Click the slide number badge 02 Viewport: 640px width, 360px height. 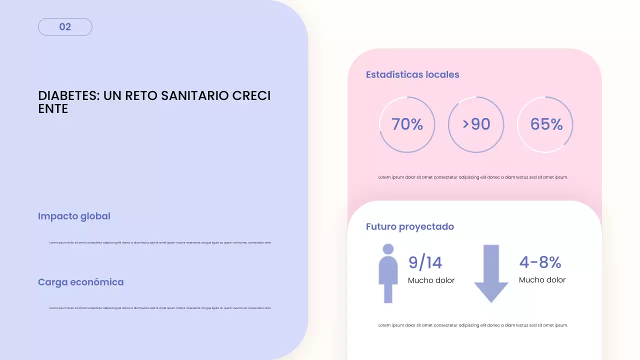[65, 27]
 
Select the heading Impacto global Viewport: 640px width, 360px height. [74, 216]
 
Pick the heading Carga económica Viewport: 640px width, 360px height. [80, 282]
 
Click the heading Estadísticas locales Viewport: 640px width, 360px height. [412, 75]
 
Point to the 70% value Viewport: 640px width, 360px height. [407, 124]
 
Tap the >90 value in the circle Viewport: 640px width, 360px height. [476, 124]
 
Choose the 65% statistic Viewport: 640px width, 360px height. [546, 124]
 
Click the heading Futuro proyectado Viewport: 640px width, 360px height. [410, 227]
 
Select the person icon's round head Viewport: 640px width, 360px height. [388, 249]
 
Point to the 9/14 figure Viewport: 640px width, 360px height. [425, 262]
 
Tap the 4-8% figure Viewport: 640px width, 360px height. [540, 262]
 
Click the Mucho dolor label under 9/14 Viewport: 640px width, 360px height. [431, 280]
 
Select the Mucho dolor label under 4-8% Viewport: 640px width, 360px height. [542, 280]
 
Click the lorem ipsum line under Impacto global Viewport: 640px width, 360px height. [160, 242]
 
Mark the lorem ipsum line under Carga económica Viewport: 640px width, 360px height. [160, 308]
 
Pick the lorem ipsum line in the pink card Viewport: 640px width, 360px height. [473, 177]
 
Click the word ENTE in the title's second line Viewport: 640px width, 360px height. [53, 109]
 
